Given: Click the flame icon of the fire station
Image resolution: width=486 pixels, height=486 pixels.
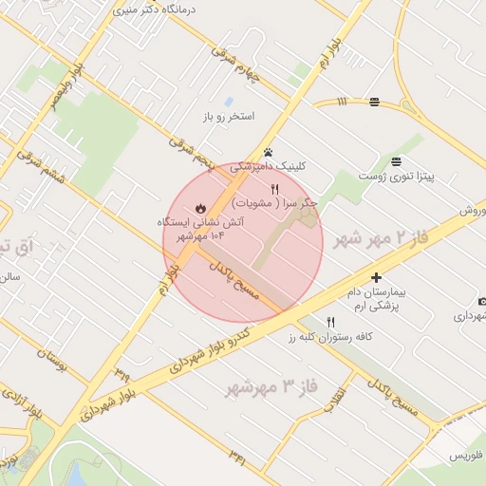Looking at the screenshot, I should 199,207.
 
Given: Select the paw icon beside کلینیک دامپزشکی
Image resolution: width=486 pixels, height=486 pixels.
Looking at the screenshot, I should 269,152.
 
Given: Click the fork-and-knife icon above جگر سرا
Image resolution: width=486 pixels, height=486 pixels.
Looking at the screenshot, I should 275,189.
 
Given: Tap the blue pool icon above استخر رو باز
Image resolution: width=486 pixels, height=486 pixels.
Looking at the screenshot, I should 229,102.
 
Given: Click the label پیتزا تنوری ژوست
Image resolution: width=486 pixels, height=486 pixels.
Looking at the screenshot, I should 396,176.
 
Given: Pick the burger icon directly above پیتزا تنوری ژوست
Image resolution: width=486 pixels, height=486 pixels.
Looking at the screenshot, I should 396,160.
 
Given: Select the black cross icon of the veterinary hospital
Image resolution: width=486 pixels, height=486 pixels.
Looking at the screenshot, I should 377,278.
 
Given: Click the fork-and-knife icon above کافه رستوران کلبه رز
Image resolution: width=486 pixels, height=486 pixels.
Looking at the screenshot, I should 330,322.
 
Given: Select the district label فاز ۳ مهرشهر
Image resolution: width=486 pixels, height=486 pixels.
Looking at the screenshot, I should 270,387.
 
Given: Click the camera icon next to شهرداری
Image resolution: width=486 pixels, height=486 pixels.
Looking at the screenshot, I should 482,302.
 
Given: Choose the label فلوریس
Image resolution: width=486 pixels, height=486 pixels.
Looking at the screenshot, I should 466,456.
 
